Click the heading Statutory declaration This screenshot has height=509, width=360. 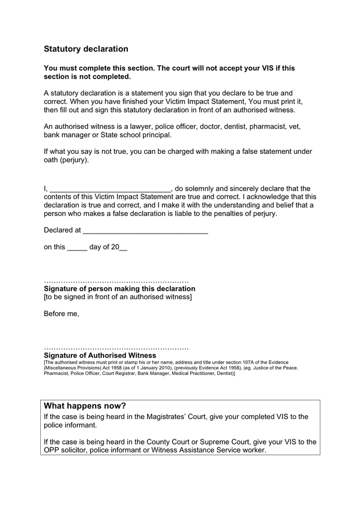click(x=86, y=49)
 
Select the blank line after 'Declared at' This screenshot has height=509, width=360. click(x=145, y=231)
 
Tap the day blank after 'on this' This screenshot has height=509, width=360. click(x=77, y=248)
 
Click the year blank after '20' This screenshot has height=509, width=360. click(x=123, y=248)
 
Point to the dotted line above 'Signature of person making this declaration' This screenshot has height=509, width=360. click(x=116, y=282)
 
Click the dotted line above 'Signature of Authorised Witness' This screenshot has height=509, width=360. click(x=116, y=348)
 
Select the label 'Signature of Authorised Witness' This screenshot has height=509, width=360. click(x=100, y=355)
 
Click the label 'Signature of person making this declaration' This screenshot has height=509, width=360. click(x=119, y=288)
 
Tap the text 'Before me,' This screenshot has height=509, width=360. click(x=61, y=313)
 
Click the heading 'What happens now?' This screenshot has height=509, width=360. click(x=85, y=406)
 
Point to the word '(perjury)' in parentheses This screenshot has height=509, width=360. click(x=74, y=160)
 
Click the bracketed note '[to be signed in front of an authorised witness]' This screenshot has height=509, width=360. click(x=118, y=297)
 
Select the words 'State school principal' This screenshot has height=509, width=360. click(x=135, y=135)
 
